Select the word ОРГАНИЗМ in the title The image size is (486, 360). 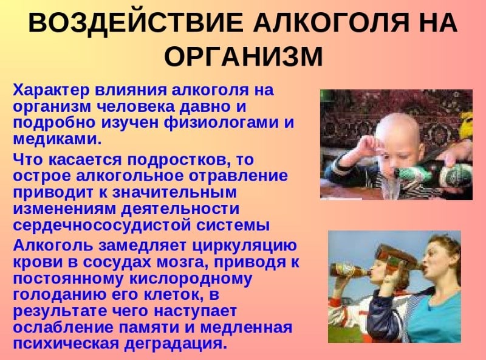coord(243,57)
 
